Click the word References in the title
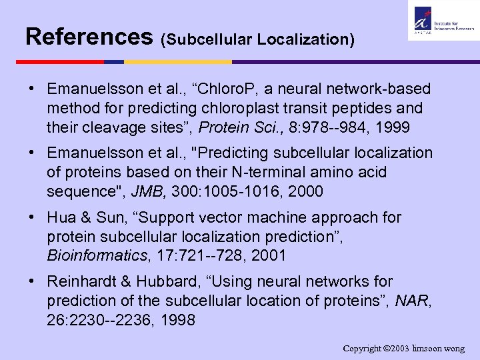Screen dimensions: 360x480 89,36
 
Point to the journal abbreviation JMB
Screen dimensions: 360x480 148,191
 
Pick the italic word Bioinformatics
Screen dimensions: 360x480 95,255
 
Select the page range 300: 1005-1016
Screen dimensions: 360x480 223,191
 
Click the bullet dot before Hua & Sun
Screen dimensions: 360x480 31,217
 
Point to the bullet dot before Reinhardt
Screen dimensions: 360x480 31,281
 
